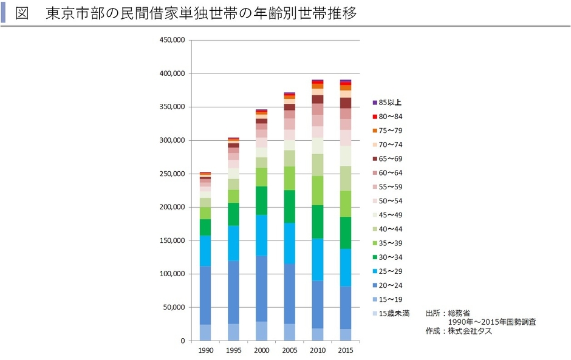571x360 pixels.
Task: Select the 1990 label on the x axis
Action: (205, 351)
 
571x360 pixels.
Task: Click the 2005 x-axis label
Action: (289, 351)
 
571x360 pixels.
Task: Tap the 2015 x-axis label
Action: (345, 351)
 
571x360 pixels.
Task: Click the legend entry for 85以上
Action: (389, 102)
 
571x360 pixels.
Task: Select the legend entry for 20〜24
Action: (389, 285)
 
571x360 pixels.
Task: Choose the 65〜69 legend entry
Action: (389, 158)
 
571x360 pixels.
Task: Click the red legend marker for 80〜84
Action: (375, 117)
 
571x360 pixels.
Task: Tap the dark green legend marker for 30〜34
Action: (375, 257)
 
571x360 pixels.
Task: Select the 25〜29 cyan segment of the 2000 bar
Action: (261, 235)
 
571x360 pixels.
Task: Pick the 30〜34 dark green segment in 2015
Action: (345, 233)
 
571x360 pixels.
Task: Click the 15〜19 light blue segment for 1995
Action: (233, 332)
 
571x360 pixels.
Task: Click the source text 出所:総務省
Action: (444, 313)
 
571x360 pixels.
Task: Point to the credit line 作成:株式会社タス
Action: (459, 331)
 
